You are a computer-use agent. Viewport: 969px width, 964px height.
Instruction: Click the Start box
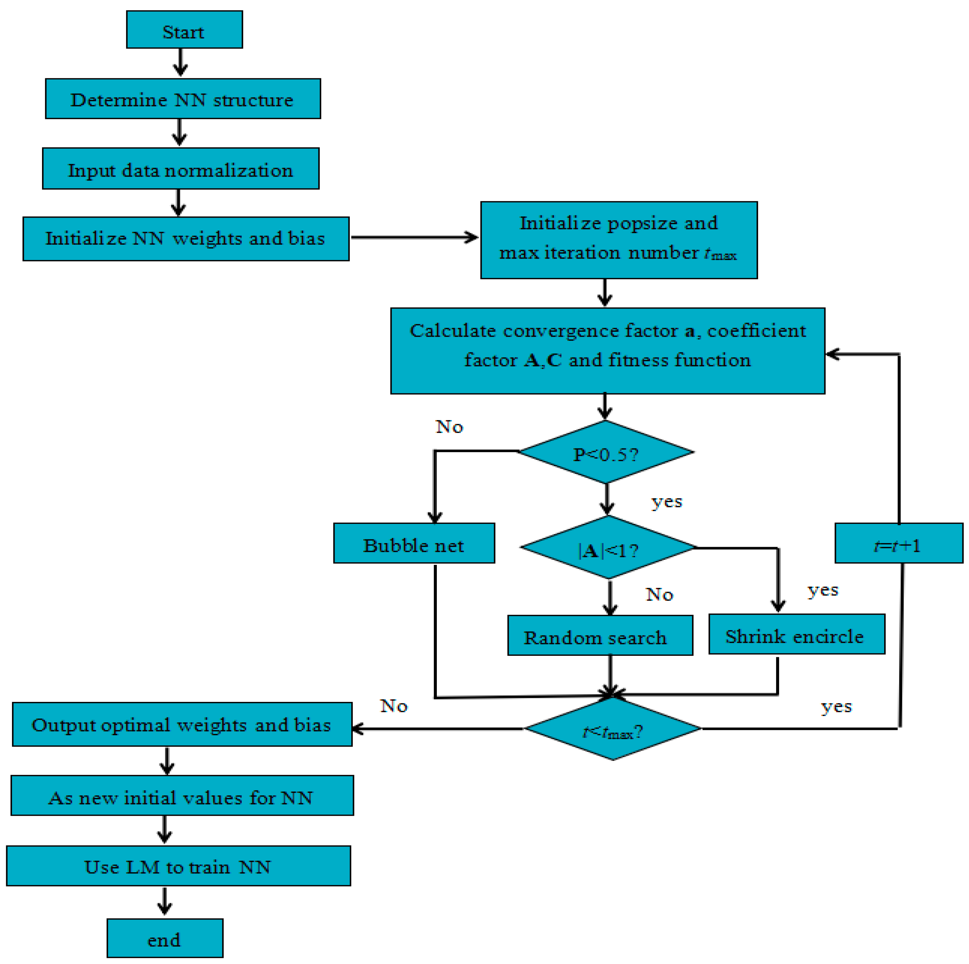184,30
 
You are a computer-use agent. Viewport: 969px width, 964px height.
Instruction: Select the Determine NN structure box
183,99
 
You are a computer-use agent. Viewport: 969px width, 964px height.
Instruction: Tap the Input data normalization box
181,169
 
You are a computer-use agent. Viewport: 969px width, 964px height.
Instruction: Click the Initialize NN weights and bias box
186,239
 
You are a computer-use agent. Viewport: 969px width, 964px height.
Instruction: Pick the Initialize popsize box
618,240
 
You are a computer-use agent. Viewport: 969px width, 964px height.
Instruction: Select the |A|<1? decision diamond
608,548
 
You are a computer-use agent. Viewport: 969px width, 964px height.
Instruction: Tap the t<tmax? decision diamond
612,729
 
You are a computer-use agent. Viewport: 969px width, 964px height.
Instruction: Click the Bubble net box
414,543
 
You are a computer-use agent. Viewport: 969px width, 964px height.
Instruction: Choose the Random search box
600,636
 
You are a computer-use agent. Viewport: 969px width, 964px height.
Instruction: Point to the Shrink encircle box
796,634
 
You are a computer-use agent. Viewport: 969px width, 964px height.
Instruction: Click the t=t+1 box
898,543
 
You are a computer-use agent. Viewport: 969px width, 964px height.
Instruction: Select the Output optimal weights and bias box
182,724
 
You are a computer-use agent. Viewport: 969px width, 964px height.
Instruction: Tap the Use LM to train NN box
178,866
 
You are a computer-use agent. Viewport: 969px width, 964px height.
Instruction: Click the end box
165,938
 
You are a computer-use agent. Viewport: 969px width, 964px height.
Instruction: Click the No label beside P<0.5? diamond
450,427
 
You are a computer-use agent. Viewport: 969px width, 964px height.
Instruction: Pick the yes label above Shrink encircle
823,590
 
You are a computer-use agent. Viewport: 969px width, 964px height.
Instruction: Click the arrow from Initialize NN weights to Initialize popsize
414,238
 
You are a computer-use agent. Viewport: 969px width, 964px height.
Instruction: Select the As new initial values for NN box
182,796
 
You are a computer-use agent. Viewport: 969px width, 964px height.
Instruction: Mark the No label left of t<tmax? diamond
394,706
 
